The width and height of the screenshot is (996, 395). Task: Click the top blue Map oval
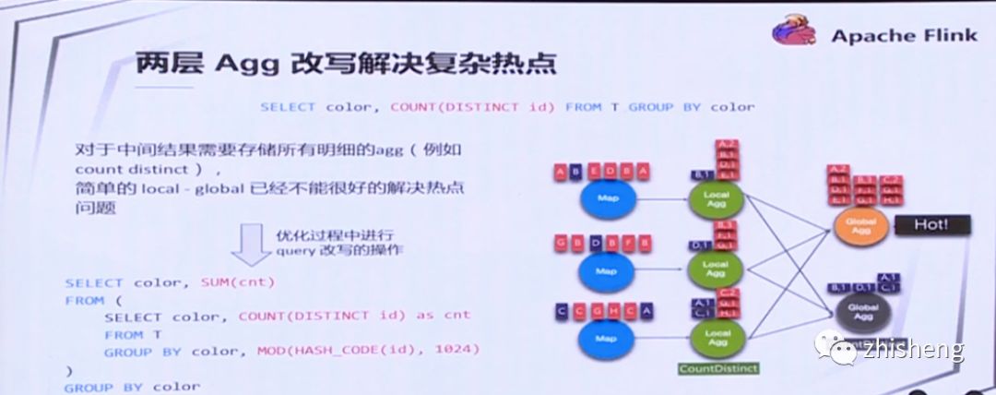[x=606, y=198]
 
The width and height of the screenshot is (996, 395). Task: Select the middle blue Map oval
[x=606, y=270]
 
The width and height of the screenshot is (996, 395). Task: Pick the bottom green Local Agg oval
[x=716, y=335]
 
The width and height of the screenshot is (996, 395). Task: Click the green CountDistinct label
[x=717, y=369]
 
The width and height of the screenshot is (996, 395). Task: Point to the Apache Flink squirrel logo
[x=796, y=33]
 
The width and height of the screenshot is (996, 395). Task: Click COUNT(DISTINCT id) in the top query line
[x=472, y=106]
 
